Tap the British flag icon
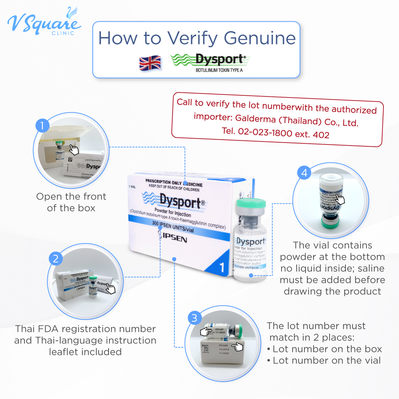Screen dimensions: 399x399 (x=150, y=63)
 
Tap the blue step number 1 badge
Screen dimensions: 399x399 (x=42, y=126)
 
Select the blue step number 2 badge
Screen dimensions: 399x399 (x=55, y=259)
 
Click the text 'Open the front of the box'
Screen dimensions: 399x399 (x=71, y=202)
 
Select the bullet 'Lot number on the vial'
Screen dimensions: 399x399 (x=327, y=361)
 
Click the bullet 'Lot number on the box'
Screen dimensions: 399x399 (x=327, y=349)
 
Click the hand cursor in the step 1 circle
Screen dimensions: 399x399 (x=75, y=150)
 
